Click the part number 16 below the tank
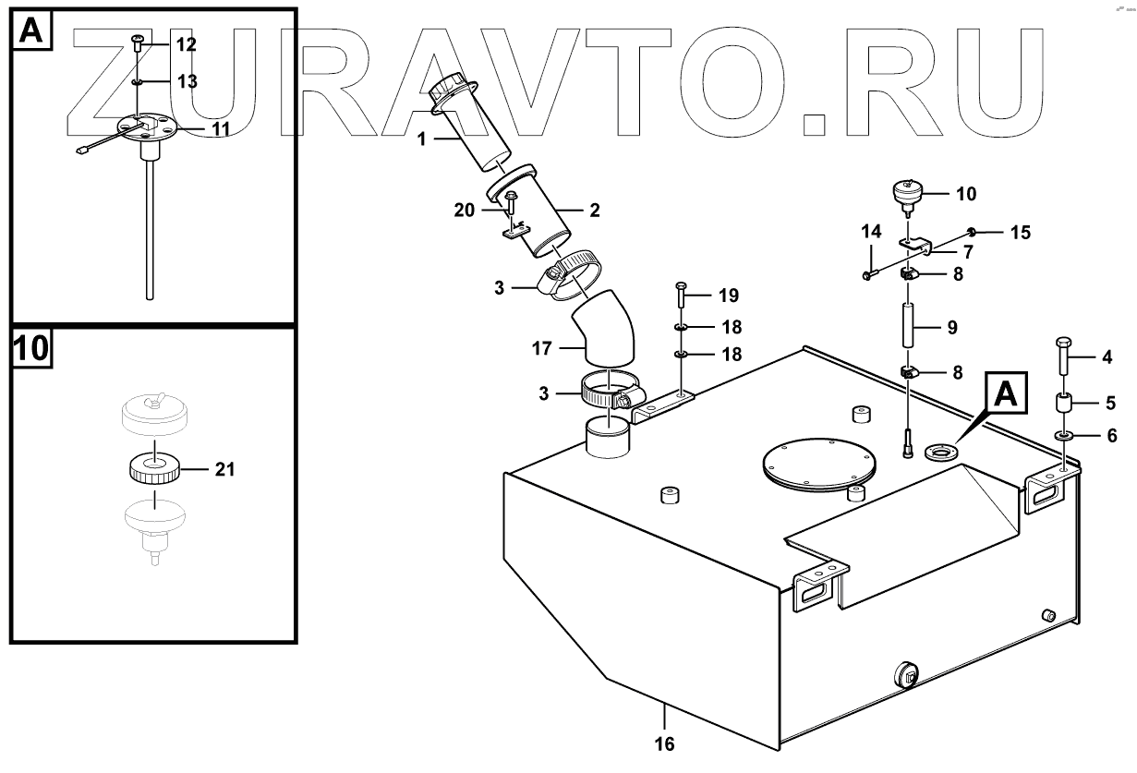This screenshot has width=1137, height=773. click(665, 743)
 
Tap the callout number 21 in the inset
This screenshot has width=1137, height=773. click(225, 469)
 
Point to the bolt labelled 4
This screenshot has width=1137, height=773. click(1061, 356)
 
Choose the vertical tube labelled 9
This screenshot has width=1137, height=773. click(908, 327)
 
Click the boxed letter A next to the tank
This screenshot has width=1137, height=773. click(1009, 395)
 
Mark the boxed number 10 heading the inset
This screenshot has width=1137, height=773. click(31, 349)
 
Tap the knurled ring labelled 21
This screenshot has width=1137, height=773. click(153, 469)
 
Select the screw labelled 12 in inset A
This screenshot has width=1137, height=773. click(137, 41)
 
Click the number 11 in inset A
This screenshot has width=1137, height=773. click(220, 129)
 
